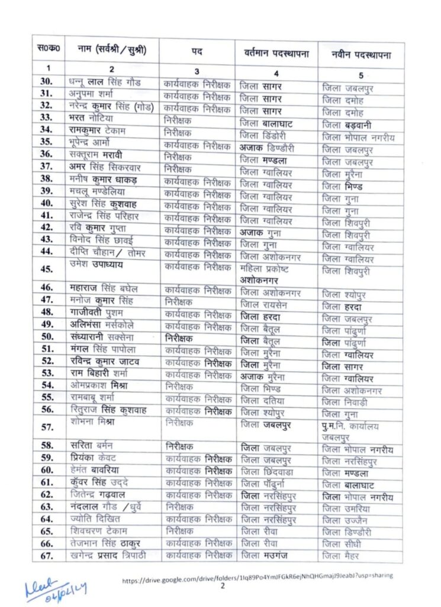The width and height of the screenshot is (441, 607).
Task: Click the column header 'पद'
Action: point(197,52)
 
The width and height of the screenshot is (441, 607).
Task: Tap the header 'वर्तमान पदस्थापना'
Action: point(276,53)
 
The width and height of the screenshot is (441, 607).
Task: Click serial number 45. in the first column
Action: point(47,270)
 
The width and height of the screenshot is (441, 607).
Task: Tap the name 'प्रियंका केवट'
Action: point(94,458)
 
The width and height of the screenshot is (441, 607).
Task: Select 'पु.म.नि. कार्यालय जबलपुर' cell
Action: point(351,431)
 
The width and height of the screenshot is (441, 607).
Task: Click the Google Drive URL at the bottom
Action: point(257,576)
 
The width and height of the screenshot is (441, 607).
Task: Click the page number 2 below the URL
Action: point(223,586)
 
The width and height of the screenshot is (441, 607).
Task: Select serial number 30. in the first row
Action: point(47,82)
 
